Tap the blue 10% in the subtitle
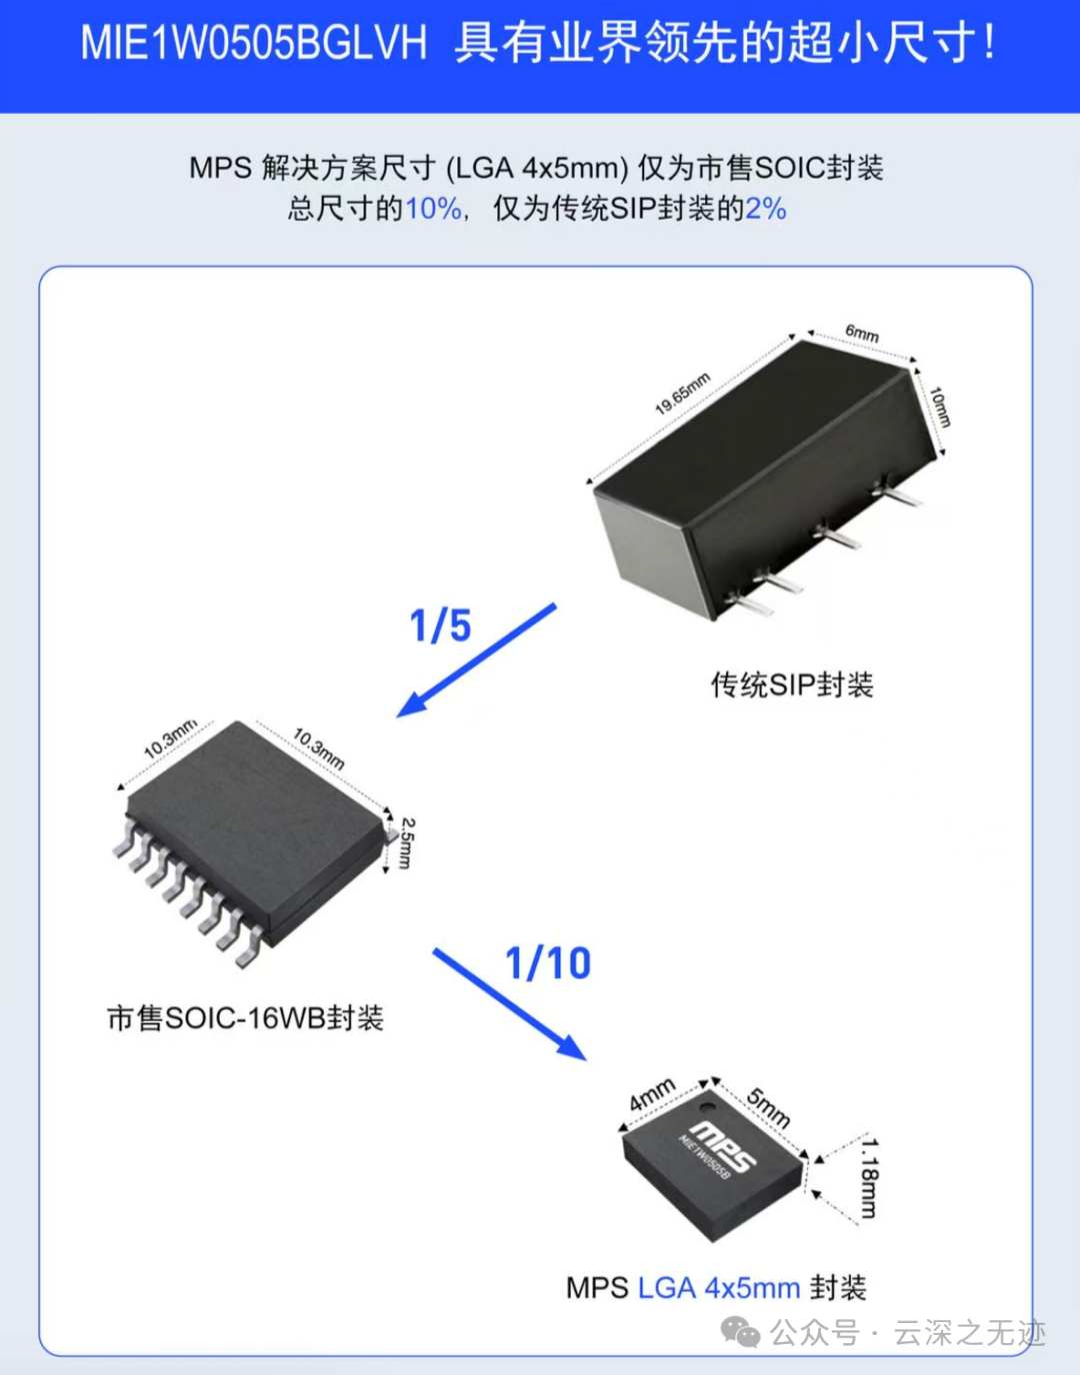pos(433,209)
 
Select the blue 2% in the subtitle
pos(765,209)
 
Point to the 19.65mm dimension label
pos(682,393)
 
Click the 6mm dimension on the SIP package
pos(862,333)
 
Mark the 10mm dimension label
pos(940,407)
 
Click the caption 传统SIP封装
pos(792,685)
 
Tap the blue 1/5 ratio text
pos(440,627)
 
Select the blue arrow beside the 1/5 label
pos(476,661)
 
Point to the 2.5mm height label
pos(406,842)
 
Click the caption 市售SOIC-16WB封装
pos(245,1018)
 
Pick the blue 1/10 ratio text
pos(548,963)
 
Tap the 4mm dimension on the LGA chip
pos(652,1095)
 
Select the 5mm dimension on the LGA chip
pos(769,1107)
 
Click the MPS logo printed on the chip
pos(723,1146)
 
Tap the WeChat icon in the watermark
pos(741,1332)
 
